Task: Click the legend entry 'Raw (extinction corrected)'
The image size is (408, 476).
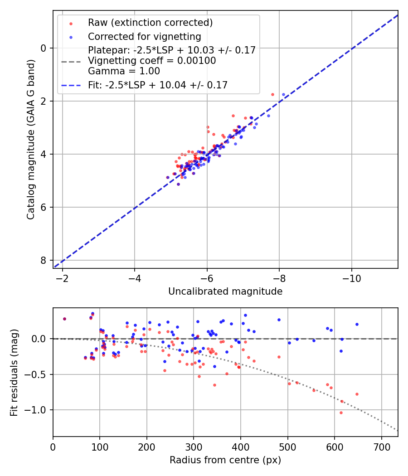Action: pos(150,23)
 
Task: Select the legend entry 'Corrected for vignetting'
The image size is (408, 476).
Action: pos(145,36)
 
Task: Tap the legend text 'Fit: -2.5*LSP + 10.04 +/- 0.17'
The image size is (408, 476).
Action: pos(158,85)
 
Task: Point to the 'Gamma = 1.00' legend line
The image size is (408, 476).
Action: pos(124,71)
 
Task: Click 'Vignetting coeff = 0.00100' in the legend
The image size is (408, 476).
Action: pos(152,61)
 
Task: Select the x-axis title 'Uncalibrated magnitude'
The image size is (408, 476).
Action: pos(225,291)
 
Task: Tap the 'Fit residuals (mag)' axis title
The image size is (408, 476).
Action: pos(14,373)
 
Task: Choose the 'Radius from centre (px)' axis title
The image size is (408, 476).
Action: pos(225,460)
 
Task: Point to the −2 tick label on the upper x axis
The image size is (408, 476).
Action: pos(63,278)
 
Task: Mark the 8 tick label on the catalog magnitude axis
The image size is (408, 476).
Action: pos(44,260)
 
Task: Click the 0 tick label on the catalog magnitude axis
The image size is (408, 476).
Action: pos(44,48)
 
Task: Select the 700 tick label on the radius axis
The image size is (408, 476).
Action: pos(381,447)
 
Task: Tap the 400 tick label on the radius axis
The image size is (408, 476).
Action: pos(241,447)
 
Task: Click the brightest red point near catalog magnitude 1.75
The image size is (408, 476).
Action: pos(272,94)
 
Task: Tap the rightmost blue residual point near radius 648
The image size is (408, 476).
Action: pos(357,324)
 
